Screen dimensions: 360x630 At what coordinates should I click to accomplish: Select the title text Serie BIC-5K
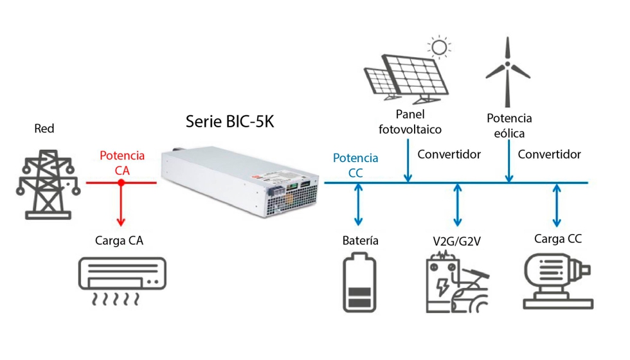coord(230,121)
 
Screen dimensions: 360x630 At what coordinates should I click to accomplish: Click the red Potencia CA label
coord(122,163)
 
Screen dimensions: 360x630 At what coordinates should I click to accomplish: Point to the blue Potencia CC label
coord(355,165)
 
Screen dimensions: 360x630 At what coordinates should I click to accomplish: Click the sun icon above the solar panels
coord(440,47)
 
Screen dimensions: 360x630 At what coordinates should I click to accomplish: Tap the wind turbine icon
coord(509,71)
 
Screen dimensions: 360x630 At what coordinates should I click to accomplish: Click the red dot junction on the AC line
coord(121,183)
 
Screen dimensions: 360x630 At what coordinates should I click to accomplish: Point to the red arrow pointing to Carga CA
coord(121,206)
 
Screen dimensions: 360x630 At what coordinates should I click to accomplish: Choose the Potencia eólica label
coord(509,126)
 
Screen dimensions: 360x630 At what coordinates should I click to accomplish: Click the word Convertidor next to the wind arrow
coord(549,154)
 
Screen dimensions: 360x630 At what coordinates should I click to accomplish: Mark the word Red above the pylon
coord(44,129)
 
